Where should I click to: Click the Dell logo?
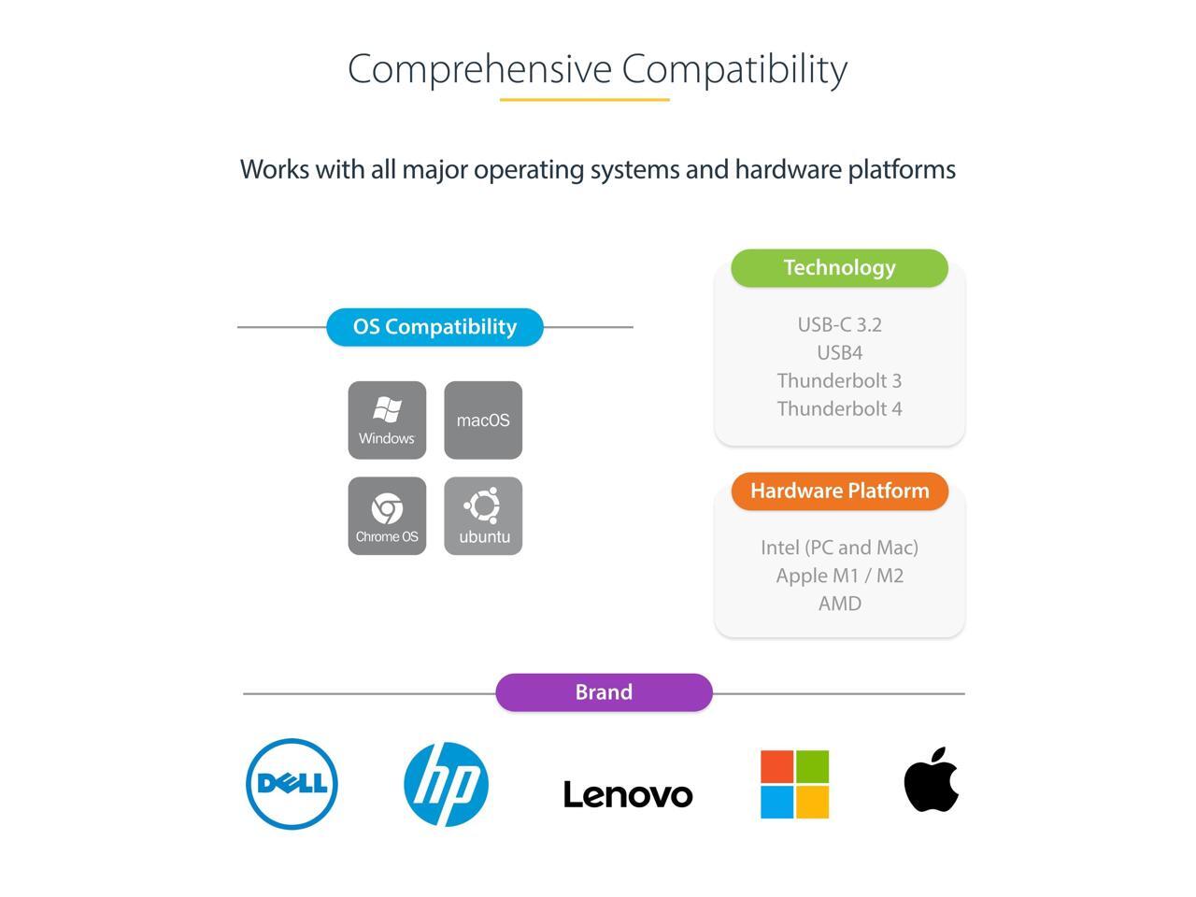(292, 783)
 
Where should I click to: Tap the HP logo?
(446, 784)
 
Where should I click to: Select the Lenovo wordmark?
(628, 794)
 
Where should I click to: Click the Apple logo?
(932, 781)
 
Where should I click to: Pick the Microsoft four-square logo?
(794, 784)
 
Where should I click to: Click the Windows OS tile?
(387, 420)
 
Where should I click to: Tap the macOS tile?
(483, 420)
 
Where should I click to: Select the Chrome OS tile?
(387, 516)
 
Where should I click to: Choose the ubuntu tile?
(483, 516)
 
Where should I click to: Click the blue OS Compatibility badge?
(434, 327)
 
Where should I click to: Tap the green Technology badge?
(839, 267)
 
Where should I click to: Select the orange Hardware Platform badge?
(839, 491)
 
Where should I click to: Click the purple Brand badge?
(604, 692)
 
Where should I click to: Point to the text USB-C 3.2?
(839, 324)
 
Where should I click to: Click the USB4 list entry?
(839, 352)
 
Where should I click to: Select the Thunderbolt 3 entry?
(839, 380)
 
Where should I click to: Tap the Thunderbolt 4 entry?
(839, 408)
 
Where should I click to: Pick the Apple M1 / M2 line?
(839, 576)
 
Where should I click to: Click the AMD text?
(839, 604)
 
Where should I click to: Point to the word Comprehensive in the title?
(479, 69)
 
